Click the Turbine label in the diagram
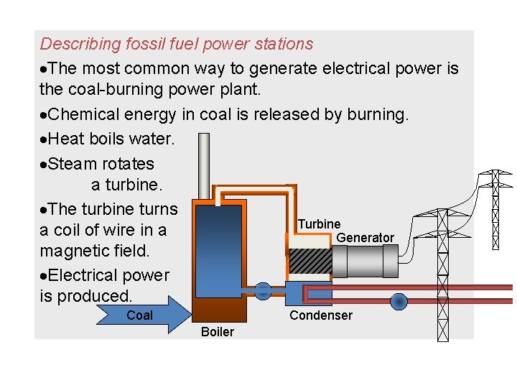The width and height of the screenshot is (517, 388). [320, 224]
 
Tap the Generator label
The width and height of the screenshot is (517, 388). [365, 238]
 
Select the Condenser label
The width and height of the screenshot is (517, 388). [320, 315]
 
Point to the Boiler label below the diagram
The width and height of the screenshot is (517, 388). [217, 331]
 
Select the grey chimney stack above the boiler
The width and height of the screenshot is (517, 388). [204, 165]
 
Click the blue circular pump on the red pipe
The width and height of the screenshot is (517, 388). [398, 301]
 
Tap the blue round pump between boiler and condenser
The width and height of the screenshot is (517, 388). [263, 292]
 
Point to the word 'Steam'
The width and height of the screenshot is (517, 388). [75, 163]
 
